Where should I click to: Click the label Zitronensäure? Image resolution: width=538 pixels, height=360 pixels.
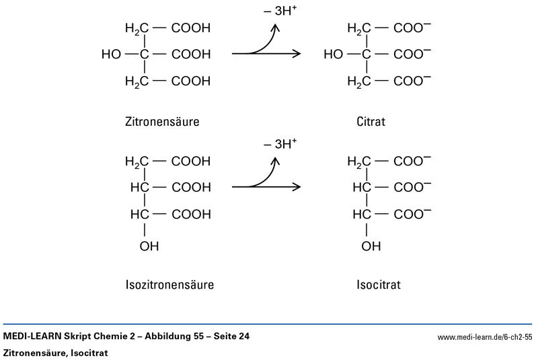[x=161, y=123]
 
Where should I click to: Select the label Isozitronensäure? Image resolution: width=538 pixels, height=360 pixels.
[x=169, y=285]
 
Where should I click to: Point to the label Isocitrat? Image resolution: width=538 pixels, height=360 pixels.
[x=379, y=285]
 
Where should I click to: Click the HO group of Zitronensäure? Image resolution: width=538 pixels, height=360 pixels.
[x=112, y=54]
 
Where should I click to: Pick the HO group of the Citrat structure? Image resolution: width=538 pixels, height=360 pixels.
[x=334, y=54]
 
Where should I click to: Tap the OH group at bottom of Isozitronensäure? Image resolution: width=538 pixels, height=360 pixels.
[x=150, y=246]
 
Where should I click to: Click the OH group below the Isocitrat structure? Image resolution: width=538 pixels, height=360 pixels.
[x=372, y=246]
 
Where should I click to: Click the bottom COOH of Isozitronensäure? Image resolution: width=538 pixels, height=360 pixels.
[x=191, y=214]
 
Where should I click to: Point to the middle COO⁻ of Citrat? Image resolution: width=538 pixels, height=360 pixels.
[x=412, y=54]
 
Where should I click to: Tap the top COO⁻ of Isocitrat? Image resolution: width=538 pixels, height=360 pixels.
[x=412, y=161]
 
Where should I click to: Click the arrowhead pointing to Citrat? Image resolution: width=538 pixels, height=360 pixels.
[x=295, y=54]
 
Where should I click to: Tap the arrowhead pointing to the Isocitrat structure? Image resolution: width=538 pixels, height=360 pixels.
[x=295, y=186]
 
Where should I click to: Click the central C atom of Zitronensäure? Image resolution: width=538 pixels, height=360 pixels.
[x=143, y=54]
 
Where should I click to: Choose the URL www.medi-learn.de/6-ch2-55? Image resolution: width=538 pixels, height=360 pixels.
[x=485, y=336]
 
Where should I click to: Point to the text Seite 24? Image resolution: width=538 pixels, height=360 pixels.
[x=230, y=336]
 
